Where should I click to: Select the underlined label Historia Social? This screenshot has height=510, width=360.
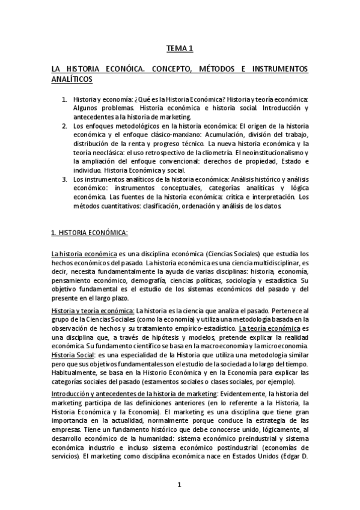(x=71, y=355)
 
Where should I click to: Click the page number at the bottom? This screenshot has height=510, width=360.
(x=180, y=484)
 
